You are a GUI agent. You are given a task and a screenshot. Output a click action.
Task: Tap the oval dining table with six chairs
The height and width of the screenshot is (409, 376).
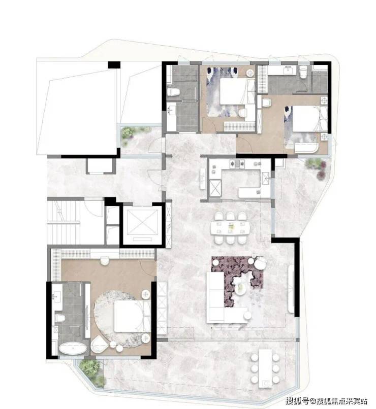pyautogui.click(x=230, y=227)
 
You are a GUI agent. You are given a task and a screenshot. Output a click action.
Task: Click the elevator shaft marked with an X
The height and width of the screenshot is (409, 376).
pyautogui.click(x=142, y=221)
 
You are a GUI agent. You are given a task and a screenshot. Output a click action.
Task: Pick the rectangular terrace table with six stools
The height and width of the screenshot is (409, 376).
pyautogui.click(x=265, y=368)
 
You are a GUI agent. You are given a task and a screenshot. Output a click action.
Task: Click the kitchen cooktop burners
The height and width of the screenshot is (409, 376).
pyautogui.click(x=237, y=163)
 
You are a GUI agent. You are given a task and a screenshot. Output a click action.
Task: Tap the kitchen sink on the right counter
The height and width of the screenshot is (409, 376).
pyautogui.click(x=266, y=178)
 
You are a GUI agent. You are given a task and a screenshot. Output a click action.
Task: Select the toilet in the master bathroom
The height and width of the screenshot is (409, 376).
pyautogui.click(x=59, y=318)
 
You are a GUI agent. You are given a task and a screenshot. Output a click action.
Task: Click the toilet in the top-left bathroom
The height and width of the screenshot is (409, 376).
pyautogui.click(x=173, y=91)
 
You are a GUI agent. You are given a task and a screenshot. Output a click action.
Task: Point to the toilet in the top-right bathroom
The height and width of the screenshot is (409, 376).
pyautogui.click(x=303, y=72)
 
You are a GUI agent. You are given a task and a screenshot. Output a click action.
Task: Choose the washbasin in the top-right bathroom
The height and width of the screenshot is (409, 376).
pyautogui.click(x=289, y=70)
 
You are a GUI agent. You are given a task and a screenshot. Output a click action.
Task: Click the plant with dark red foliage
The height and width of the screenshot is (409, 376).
pyautogui.click(x=322, y=171)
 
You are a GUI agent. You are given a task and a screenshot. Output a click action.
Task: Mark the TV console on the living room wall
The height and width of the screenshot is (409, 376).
pyautogui.click(x=291, y=289)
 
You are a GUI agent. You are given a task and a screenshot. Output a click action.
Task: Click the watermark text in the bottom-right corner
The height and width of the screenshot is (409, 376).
pyautogui.click(x=327, y=400)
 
